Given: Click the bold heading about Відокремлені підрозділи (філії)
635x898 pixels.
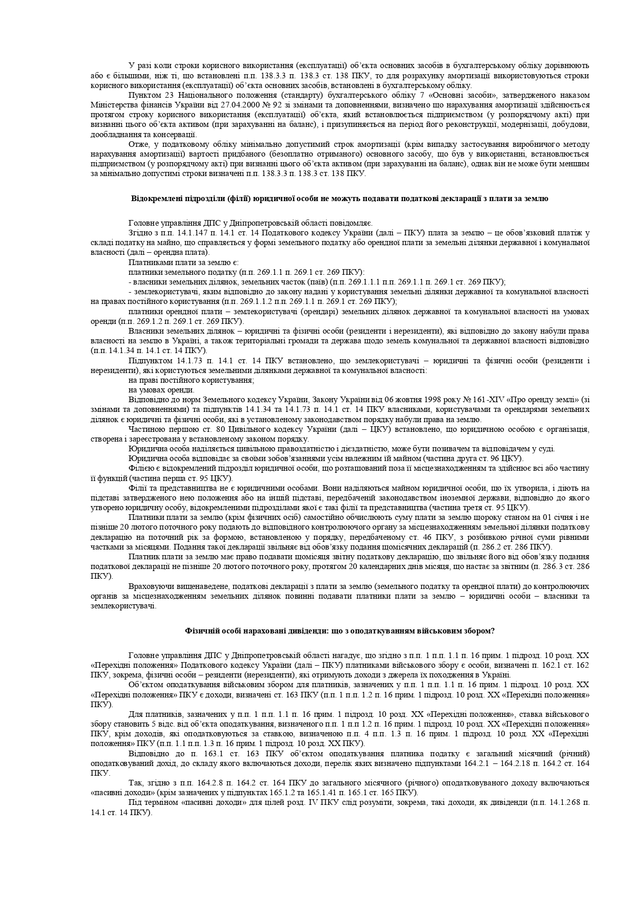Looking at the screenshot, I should pyautogui.click(x=340, y=199).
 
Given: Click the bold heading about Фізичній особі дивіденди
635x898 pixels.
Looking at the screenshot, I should pyautogui.click(x=340, y=630).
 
